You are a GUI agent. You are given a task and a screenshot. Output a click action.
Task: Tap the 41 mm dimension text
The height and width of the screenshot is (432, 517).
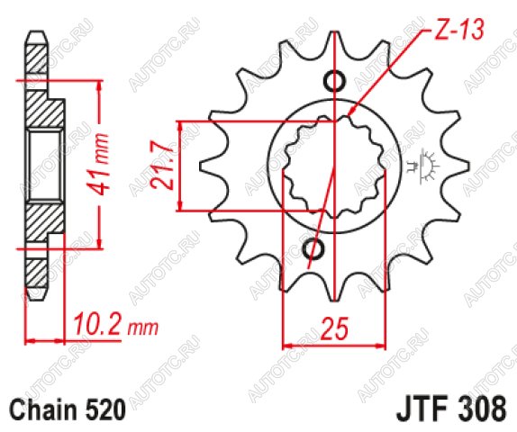point(99,164)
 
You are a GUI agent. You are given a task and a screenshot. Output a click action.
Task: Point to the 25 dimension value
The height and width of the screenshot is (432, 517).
point(334,328)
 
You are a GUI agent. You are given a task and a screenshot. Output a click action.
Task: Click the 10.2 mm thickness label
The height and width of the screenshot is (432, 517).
point(115,325)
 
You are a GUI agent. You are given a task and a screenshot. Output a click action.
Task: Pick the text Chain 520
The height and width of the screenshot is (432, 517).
point(68,409)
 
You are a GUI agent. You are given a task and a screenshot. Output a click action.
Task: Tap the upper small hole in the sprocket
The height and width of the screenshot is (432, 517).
point(335,80)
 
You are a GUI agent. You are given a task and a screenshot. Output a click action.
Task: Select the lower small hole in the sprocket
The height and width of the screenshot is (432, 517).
point(313,249)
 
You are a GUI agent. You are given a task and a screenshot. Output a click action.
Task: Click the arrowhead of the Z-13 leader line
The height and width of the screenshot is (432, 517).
point(351,111)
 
